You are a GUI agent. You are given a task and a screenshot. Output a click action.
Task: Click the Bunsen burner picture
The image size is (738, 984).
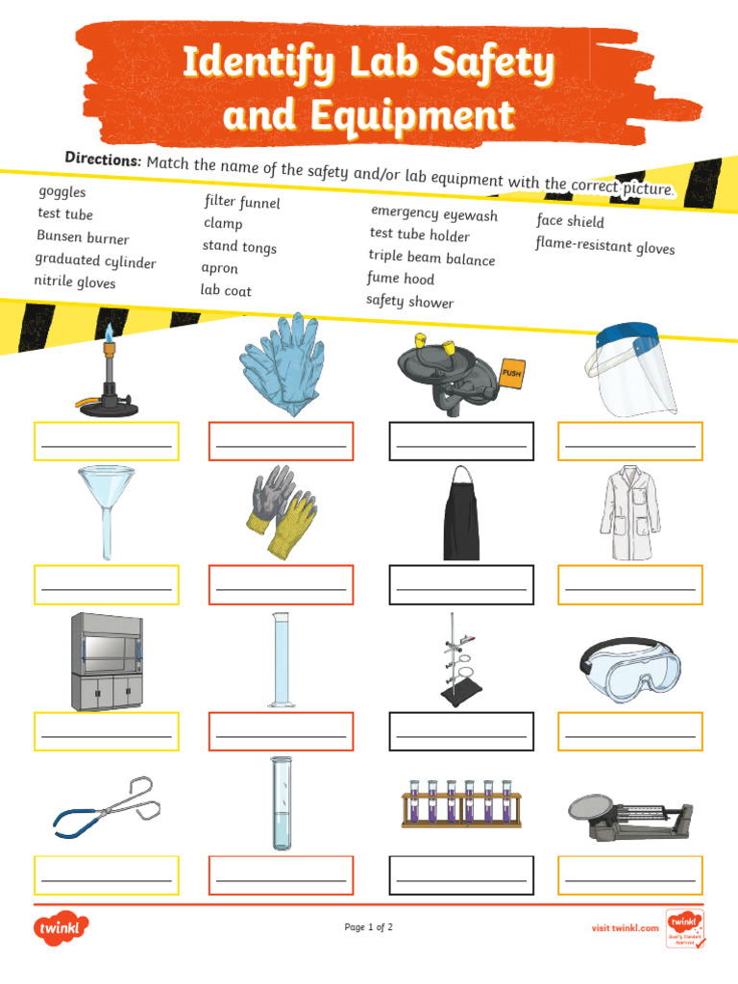[107, 377]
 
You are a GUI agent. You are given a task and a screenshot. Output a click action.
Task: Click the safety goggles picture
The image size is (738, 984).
[629, 662]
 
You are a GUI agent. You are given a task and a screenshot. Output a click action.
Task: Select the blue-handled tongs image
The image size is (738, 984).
[106, 805]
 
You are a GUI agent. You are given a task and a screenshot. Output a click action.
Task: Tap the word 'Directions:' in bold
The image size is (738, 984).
[103, 159]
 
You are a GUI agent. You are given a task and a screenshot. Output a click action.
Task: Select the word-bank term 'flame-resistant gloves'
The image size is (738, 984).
[604, 246]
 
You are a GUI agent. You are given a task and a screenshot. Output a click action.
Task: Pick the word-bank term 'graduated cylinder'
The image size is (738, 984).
[95, 260]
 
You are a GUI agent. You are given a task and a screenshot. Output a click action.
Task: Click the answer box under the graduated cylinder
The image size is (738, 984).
[281, 731]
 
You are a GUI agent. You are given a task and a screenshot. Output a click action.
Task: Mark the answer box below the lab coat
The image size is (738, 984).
[629, 585]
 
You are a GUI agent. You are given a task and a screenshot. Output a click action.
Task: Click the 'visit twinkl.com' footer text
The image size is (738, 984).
[625, 927]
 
